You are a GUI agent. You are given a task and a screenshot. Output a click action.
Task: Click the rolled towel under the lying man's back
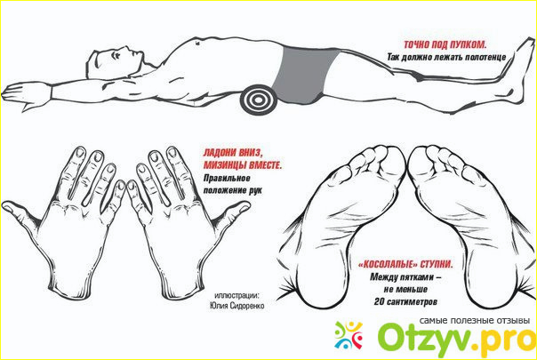258,100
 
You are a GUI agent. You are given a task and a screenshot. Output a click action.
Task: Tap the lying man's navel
197,44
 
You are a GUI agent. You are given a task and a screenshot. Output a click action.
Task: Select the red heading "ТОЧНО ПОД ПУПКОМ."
445,44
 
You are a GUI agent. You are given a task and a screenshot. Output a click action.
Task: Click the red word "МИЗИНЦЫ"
225,165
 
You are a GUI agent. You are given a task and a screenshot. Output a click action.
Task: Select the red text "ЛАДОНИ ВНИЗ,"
233,153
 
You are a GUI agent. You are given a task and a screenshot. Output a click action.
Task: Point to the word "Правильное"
227,179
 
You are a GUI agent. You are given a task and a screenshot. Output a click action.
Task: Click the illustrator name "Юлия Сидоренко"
237,306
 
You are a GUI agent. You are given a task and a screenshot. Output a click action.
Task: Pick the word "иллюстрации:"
236,295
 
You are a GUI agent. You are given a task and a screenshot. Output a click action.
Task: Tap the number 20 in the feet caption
379,301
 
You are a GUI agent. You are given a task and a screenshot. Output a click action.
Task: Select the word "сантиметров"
412,302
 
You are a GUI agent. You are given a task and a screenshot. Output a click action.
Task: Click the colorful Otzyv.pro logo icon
349,335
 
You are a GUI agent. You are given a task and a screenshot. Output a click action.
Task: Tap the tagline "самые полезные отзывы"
475,321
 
